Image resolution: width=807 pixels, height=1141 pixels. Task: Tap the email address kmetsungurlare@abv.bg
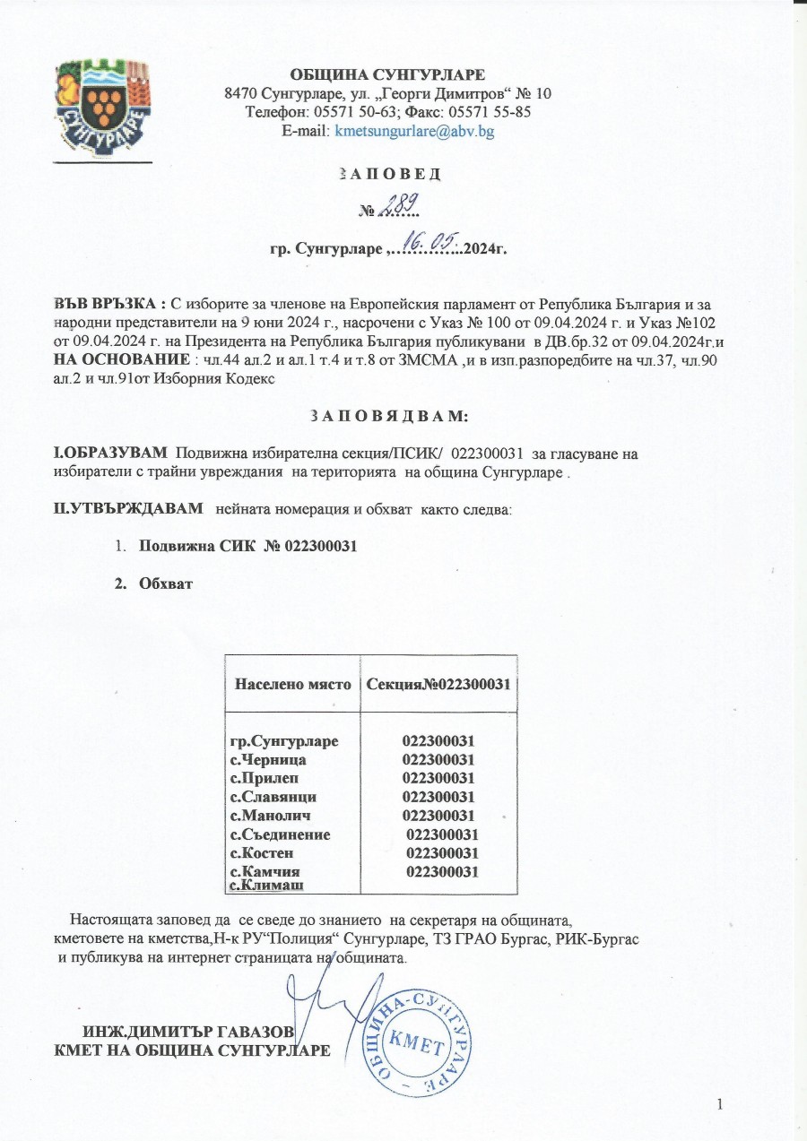click(x=414, y=130)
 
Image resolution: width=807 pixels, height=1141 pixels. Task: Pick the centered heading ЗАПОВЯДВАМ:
click(x=387, y=417)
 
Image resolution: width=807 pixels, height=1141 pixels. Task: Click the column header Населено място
click(x=292, y=685)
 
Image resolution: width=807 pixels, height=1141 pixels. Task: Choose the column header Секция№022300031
click(x=438, y=685)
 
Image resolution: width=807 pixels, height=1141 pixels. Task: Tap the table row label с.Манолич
click(x=270, y=816)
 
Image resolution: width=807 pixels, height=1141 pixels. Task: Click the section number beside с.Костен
click(x=441, y=852)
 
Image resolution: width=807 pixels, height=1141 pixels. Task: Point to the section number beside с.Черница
click(x=438, y=760)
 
